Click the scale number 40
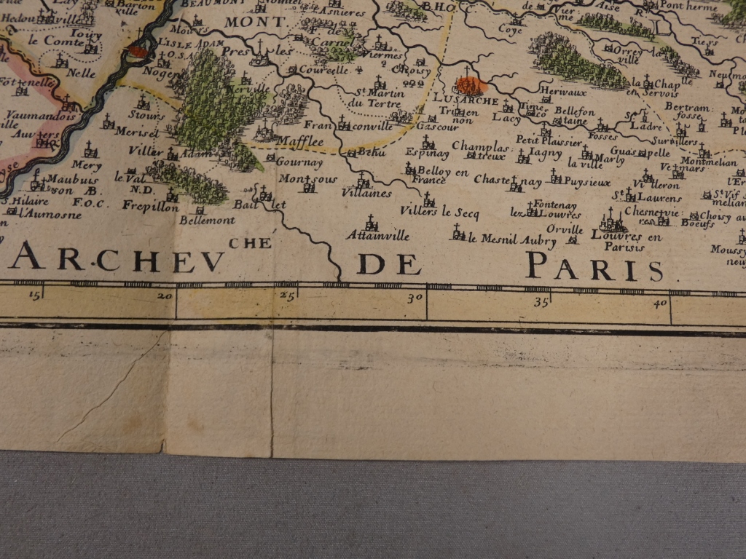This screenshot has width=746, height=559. (x=660, y=301)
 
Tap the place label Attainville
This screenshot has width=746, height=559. (x=377, y=236)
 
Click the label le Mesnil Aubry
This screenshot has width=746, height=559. (x=501, y=237)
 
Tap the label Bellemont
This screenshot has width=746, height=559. (x=207, y=220)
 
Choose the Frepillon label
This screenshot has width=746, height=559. (x=150, y=207)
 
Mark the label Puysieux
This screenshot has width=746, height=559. (x=587, y=182)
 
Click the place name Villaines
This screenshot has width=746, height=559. (x=366, y=194)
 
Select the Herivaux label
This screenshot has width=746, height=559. (x=554, y=92)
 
